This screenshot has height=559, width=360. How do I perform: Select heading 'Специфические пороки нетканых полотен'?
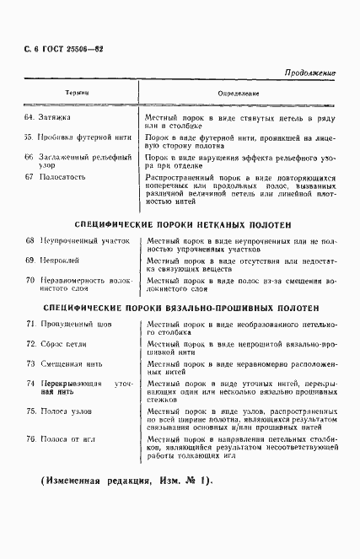pyautogui.click(x=183, y=225)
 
